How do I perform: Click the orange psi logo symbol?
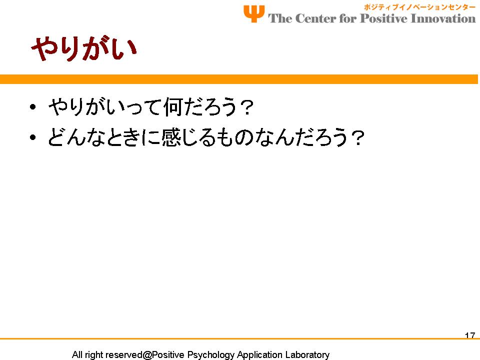[254, 13]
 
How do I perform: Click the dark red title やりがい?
[84, 48]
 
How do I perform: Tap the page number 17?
[470, 335]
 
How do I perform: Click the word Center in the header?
[315, 18]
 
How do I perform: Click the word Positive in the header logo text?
[383, 18]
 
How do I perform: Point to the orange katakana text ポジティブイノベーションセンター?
[419, 7]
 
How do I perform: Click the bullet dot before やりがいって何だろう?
[33, 107]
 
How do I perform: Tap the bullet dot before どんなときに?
[33, 137]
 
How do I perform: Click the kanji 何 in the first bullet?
[173, 107]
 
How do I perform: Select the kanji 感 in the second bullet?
[170, 137]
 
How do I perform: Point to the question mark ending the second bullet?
[357, 137]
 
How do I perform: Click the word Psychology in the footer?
[210, 355]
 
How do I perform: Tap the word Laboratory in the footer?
[307, 355]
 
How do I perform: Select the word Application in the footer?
[259, 355]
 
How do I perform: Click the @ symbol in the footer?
[147, 355]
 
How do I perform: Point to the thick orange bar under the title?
[239, 79]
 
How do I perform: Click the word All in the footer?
[77, 354]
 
